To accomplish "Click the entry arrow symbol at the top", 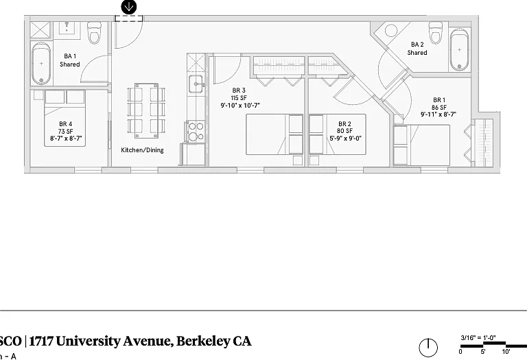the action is pyautogui.click(x=129, y=7).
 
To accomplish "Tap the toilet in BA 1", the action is pyautogui.click(x=94, y=33).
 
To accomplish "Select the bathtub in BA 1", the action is pyautogui.click(x=41, y=63).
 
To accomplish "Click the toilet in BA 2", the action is pyautogui.click(x=436, y=33).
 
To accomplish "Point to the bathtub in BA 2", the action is pyautogui.click(x=459, y=49).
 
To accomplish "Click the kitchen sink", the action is pyautogui.click(x=196, y=84).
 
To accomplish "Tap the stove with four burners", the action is pyautogui.click(x=196, y=131).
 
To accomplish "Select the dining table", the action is pyautogui.click(x=146, y=110).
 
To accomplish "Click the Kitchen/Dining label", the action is pyautogui.click(x=142, y=150).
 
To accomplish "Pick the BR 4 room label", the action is pyautogui.click(x=66, y=124).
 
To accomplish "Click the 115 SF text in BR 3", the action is pyautogui.click(x=239, y=98).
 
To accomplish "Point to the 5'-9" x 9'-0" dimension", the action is pyautogui.click(x=345, y=138).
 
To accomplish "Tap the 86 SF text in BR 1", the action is pyautogui.click(x=439, y=107).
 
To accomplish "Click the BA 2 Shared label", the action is pyautogui.click(x=417, y=49).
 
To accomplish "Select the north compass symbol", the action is pyautogui.click(x=428, y=348).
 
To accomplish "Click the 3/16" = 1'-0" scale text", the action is pyautogui.click(x=478, y=338).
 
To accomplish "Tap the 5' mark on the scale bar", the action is pyautogui.click(x=483, y=352).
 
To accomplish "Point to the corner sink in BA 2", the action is pyautogui.click(x=390, y=31).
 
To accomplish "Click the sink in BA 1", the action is pyautogui.click(x=67, y=27).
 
